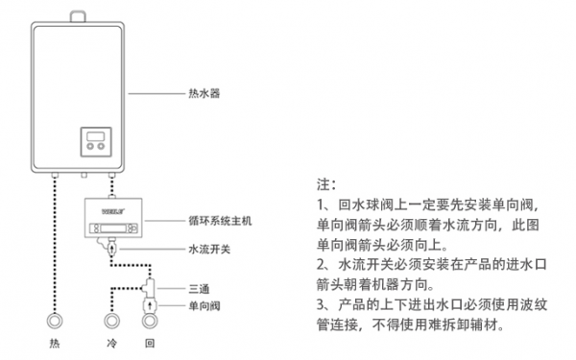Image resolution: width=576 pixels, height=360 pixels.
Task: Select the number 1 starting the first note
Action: pyautogui.click(x=320, y=205)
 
